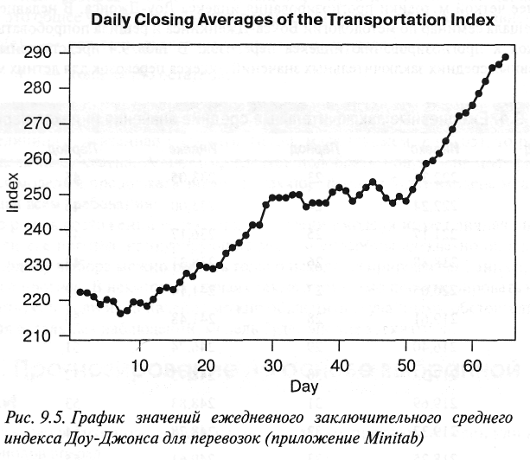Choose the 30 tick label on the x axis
pyautogui.click(x=272, y=362)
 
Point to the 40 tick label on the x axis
pyautogui.click(x=339, y=362)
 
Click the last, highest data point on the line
pyautogui.click(x=505, y=57)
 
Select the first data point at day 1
pyautogui.click(x=80, y=291)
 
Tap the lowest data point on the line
pyautogui.click(x=120, y=313)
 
